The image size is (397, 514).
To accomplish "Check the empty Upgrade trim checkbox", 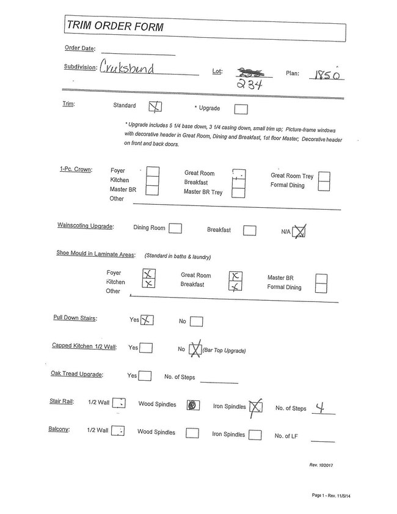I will point(241,109).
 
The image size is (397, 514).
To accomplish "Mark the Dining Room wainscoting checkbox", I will point(175,229).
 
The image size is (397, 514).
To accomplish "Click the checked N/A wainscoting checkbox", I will point(299,230).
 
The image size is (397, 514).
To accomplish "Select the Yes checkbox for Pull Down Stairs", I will point(147,320).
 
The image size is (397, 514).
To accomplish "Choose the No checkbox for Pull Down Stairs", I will point(196,321).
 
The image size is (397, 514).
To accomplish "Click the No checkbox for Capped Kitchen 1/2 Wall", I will point(195,350).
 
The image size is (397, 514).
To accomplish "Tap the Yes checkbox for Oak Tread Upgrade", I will point(145,376).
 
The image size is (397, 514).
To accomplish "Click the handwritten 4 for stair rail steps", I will point(318,406).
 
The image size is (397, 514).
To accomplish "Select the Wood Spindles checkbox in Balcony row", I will point(192,433).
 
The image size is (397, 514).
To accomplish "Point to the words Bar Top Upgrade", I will point(224,351).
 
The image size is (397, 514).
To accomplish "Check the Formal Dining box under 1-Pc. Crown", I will point(324,186).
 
